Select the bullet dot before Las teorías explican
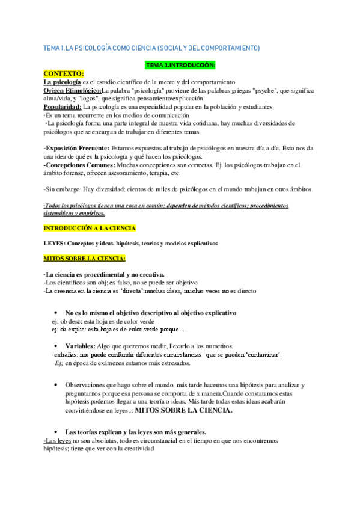[x=55, y=432]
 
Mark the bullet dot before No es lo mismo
[x=55, y=313]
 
